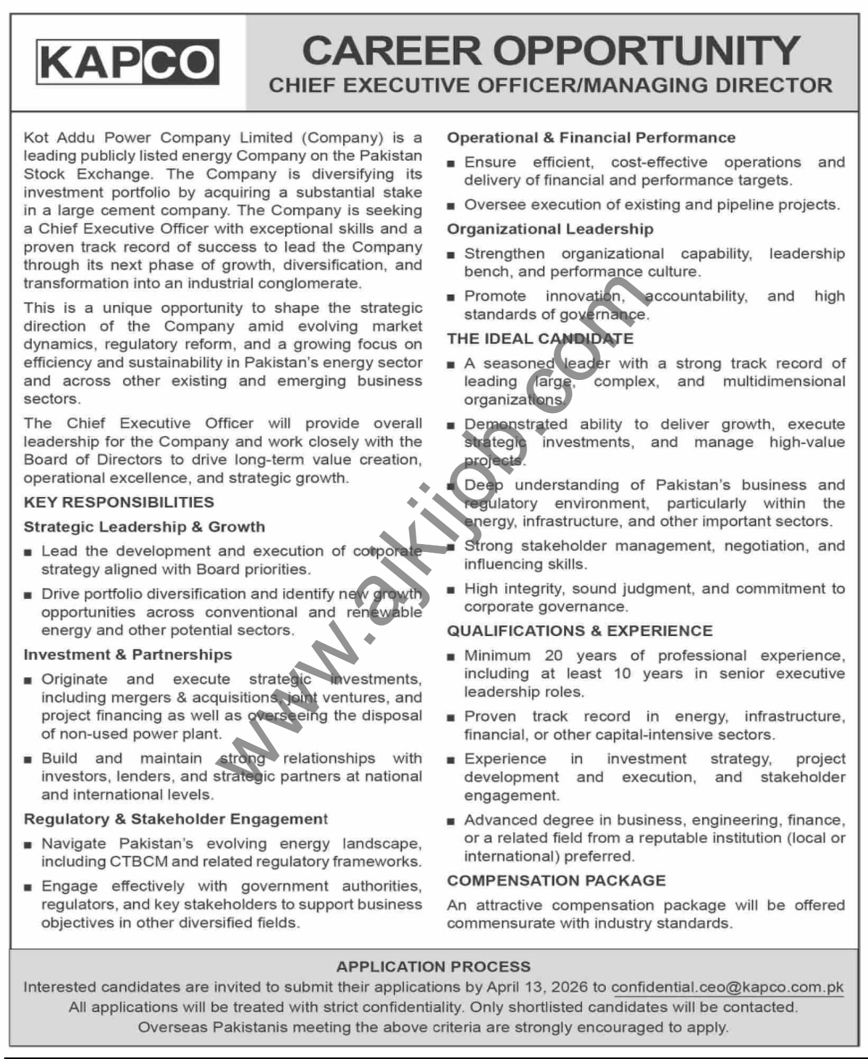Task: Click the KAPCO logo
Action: tap(127, 62)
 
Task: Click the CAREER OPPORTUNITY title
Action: tap(551, 50)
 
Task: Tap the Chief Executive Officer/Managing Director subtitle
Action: tap(550, 85)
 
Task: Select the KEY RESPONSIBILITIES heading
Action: tap(119, 502)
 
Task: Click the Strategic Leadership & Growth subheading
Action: tap(144, 527)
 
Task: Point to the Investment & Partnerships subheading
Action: tap(128, 655)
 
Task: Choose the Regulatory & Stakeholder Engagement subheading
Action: tap(175, 819)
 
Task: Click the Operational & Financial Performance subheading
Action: tap(591, 138)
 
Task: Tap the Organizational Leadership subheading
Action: tap(550, 229)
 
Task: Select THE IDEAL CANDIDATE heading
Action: tap(540, 339)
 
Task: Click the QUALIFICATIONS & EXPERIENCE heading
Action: tap(579, 631)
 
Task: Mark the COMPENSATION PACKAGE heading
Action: tap(555, 881)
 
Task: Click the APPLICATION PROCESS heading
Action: tap(433, 967)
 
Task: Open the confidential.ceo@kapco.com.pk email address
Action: tap(727, 988)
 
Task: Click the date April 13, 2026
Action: tap(537, 988)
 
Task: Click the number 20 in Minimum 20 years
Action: tap(554, 656)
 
